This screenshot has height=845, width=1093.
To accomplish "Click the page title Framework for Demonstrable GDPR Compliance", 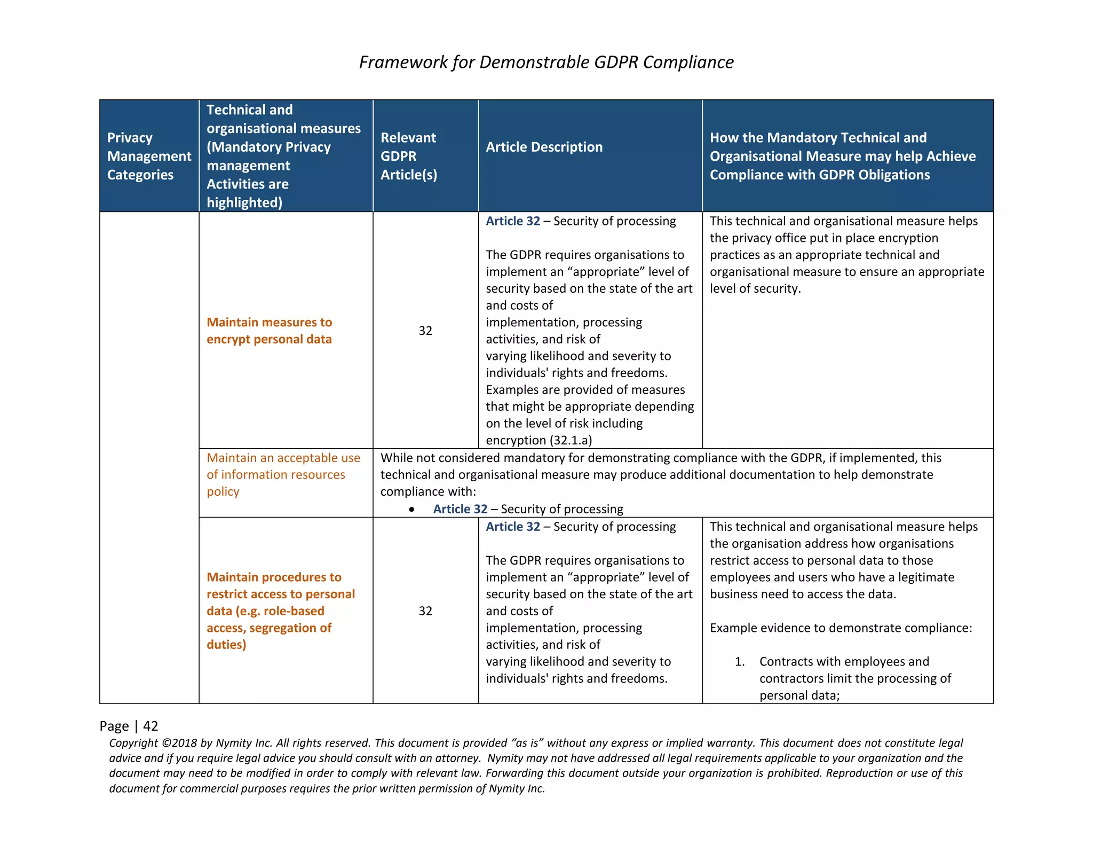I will click(546, 62).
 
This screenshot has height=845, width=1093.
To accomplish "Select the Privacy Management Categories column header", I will click(149, 156).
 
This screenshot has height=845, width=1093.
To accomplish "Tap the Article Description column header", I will click(544, 147).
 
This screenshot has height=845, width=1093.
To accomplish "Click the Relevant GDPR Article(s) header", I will click(408, 156).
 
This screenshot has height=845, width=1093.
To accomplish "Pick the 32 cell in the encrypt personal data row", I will click(425, 331).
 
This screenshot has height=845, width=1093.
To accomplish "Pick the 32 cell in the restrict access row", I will click(425, 611).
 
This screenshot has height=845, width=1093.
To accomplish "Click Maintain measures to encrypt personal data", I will click(269, 331).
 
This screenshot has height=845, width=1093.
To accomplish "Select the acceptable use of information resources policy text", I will click(283, 474).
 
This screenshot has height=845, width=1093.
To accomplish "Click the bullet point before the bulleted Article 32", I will click(411, 510).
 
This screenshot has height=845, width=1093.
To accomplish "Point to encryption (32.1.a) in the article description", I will click(538, 440).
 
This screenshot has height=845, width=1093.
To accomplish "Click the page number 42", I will click(151, 726).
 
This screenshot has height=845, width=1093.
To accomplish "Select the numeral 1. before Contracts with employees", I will click(739, 662).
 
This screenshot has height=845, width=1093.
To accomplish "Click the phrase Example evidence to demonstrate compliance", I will click(841, 628).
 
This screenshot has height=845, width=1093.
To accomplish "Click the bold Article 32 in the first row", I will click(512, 221).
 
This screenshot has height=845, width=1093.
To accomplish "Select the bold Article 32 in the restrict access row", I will click(512, 527).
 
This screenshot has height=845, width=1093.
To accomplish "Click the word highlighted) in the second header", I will click(244, 202).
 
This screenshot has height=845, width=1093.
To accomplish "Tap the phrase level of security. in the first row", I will click(755, 288).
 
